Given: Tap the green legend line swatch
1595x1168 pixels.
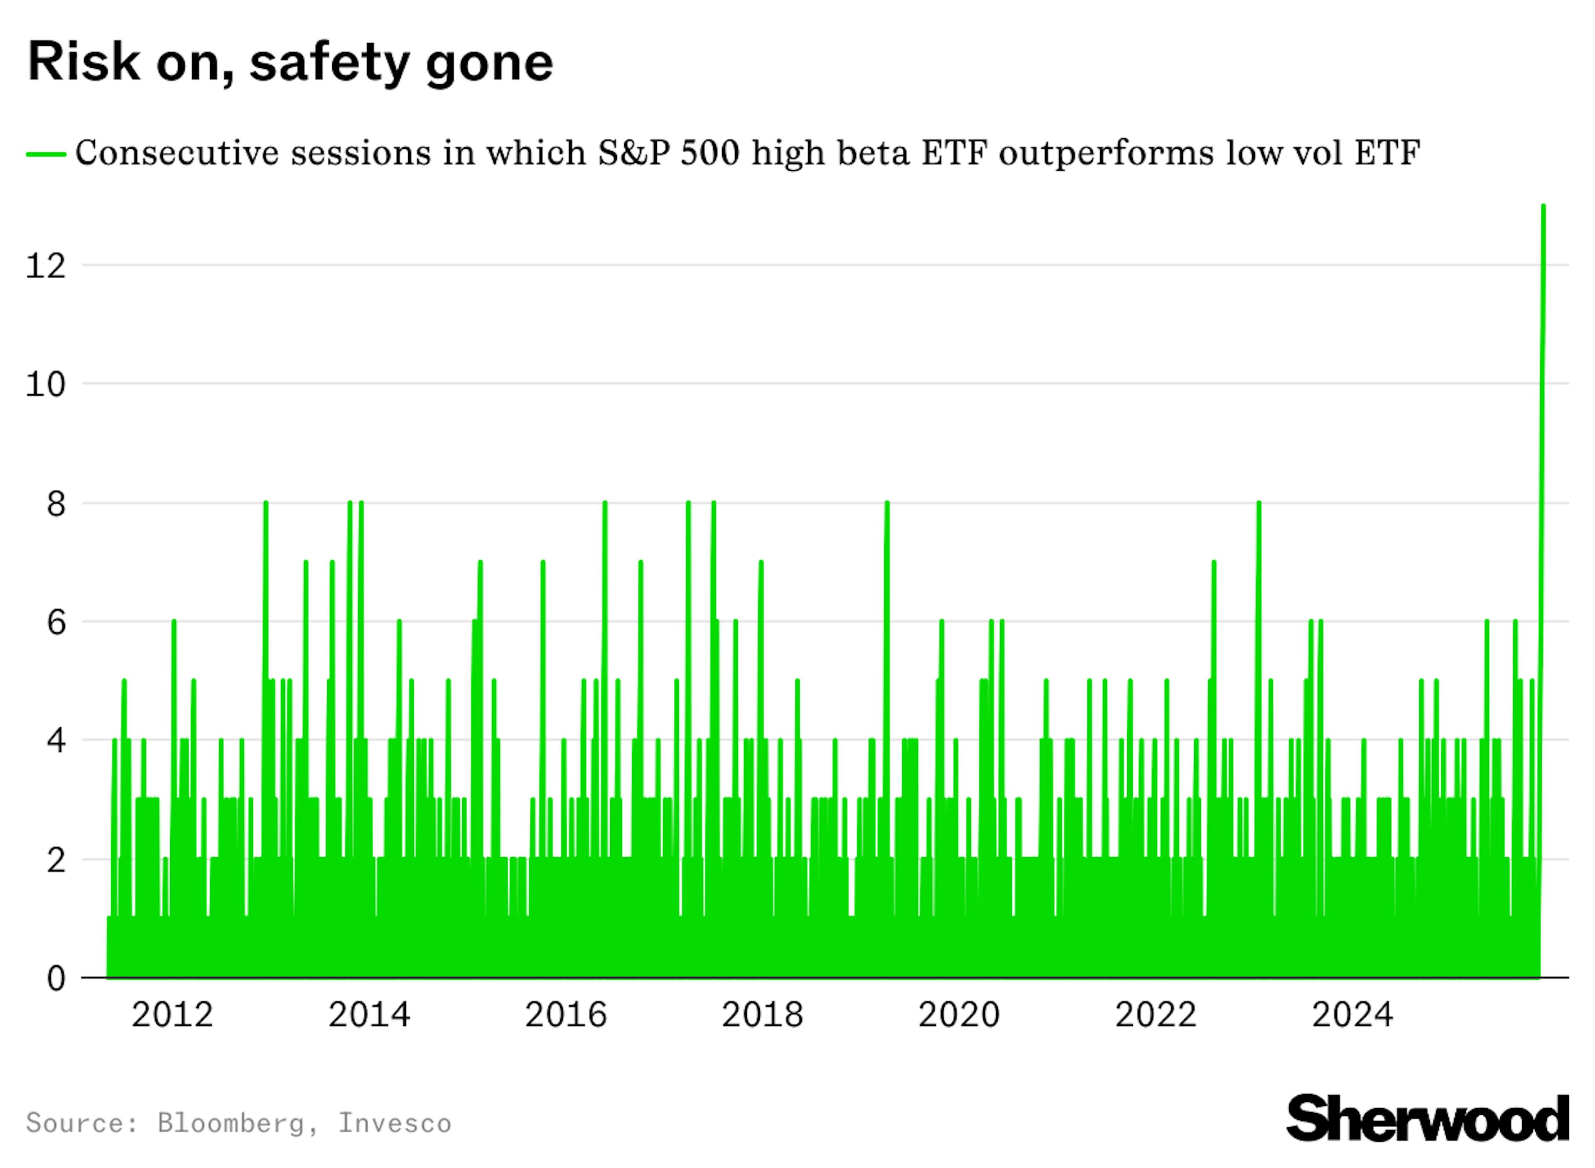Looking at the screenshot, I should [x=46, y=153].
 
